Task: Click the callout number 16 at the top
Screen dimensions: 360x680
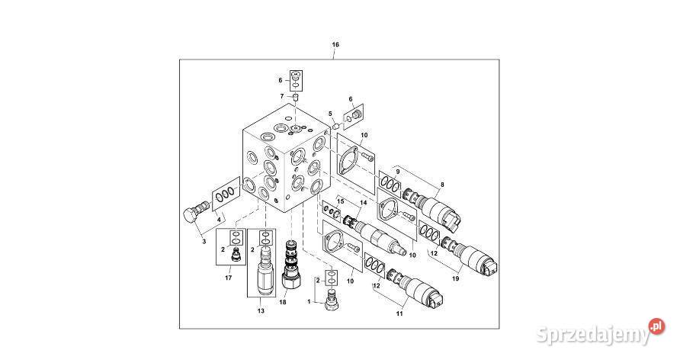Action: [335, 45]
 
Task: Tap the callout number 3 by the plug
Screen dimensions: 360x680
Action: [204, 241]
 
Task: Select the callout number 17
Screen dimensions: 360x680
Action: [228, 278]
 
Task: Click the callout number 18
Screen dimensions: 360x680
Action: [282, 303]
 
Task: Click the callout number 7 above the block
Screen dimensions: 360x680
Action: [281, 96]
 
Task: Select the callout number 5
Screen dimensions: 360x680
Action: [331, 114]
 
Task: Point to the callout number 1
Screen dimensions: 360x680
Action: [310, 301]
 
